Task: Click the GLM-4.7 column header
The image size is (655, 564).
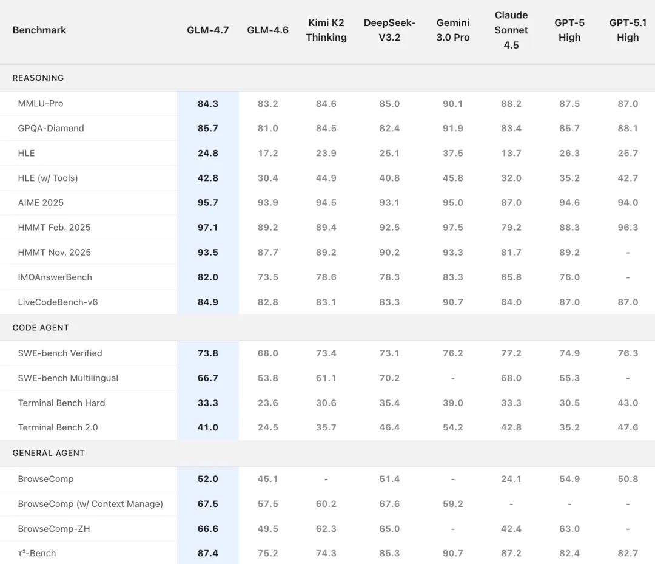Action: click(x=207, y=30)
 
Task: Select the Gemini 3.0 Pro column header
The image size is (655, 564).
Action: click(x=453, y=30)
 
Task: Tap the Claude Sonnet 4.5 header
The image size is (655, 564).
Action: click(x=511, y=30)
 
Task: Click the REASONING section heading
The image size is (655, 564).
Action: click(x=38, y=78)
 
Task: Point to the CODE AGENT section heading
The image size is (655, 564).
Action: click(x=41, y=328)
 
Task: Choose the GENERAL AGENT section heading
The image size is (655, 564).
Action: click(x=49, y=453)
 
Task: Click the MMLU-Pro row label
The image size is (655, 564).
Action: click(x=41, y=104)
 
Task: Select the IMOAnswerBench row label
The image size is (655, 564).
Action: click(x=55, y=277)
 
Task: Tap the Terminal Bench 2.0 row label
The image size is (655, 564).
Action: click(x=58, y=427)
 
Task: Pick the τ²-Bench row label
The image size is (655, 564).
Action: click(x=37, y=554)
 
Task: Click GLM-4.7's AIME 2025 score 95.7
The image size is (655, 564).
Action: click(x=207, y=203)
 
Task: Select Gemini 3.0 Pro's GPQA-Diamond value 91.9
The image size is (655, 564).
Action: click(x=453, y=129)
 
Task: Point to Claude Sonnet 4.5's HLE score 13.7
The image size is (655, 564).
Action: click(x=511, y=154)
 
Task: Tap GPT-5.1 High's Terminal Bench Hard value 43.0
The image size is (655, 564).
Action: click(x=628, y=403)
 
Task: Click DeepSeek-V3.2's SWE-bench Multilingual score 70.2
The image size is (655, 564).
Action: click(x=389, y=378)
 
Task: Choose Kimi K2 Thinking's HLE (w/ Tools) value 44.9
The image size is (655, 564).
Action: click(x=326, y=178)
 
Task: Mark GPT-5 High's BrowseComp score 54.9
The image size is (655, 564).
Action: click(x=569, y=479)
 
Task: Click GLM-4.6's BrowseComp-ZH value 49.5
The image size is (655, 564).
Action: click(x=267, y=529)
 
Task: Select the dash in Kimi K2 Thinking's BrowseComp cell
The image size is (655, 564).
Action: click(x=326, y=479)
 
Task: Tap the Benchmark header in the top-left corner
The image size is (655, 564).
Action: click(x=39, y=30)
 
